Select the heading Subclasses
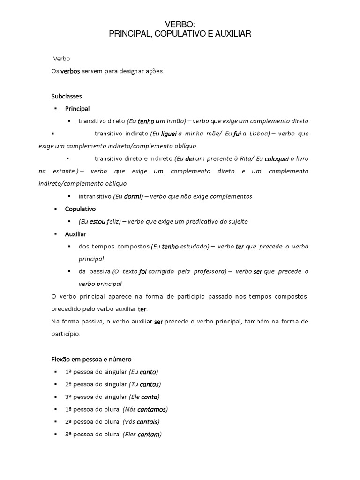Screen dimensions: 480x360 point(67,96)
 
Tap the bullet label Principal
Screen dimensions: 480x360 point(77,109)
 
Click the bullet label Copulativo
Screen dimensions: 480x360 point(80,209)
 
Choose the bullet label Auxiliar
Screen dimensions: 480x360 point(75,233)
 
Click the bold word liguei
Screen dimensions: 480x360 point(169,134)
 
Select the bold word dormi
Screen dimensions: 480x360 point(133,196)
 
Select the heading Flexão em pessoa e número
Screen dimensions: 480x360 point(91,360)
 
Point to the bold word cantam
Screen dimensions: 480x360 point(150,435)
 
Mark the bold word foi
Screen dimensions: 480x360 point(143,271)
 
